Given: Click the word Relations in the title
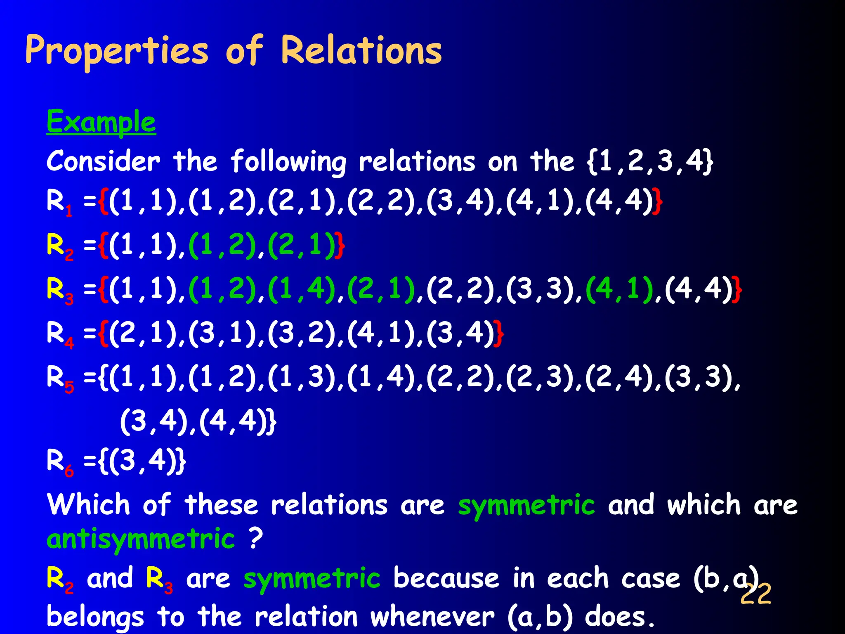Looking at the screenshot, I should click(361, 51).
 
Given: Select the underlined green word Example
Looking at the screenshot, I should click(101, 122).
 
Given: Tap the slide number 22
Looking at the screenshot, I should click(755, 594).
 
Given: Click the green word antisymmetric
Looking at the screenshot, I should click(141, 539).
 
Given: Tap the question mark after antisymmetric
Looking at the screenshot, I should click(256, 538).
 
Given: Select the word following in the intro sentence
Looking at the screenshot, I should click(288, 162).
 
